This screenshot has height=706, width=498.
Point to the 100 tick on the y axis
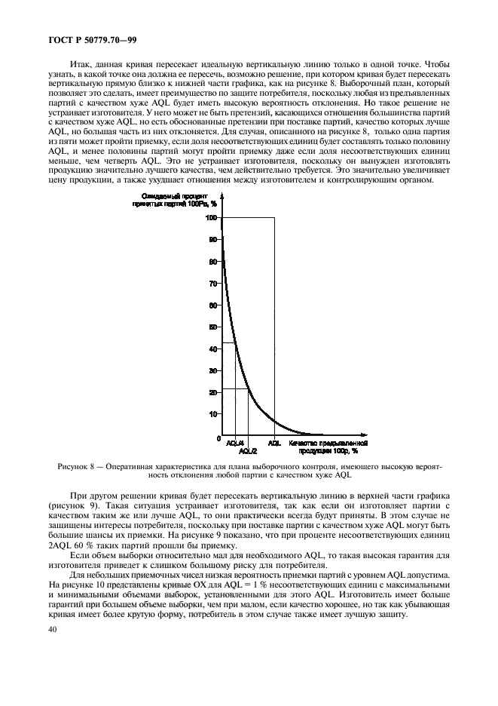point(212,218)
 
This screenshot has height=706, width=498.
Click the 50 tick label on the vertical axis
point(213,327)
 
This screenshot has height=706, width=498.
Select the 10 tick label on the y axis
point(213,414)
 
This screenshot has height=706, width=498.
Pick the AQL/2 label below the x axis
point(248,451)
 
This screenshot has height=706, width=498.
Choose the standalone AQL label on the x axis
point(274,444)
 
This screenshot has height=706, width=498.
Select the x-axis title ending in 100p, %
point(322,447)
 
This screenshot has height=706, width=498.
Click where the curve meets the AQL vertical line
point(274,422)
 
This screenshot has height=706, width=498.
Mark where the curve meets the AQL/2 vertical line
point(248,388)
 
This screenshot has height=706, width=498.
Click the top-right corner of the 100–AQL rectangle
point(274,218)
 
